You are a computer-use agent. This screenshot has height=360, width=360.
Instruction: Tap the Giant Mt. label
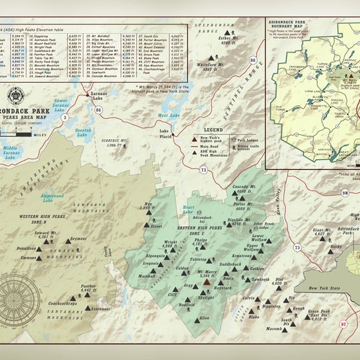(321, 231)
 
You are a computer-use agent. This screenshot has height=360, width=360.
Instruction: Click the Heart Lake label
(189, 210)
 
